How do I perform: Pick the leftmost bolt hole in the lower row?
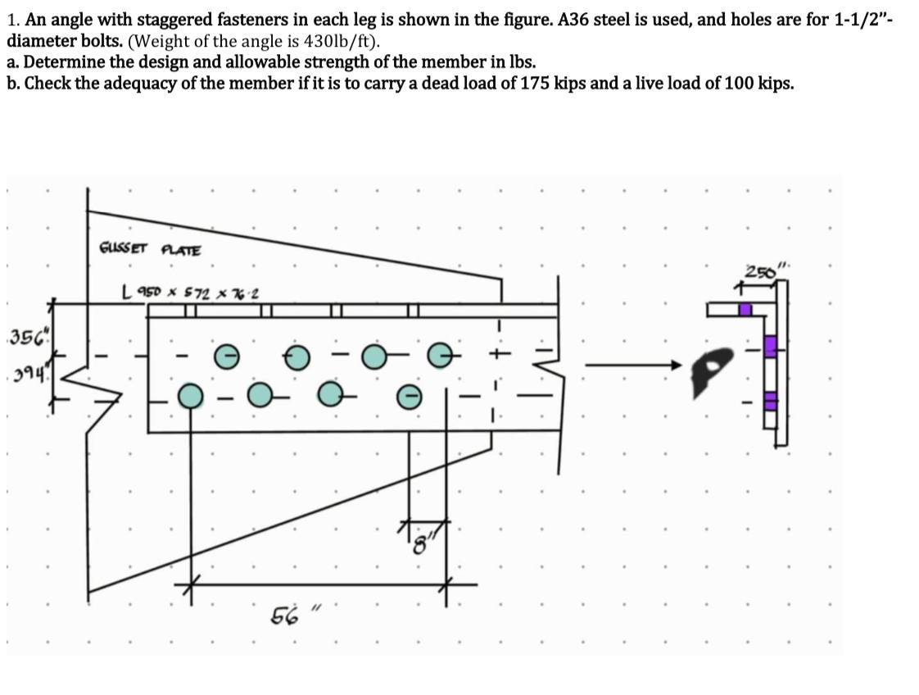coord(191,396)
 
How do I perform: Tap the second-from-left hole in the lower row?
coord(260,396)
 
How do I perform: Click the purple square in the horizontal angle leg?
coord(745,310)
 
